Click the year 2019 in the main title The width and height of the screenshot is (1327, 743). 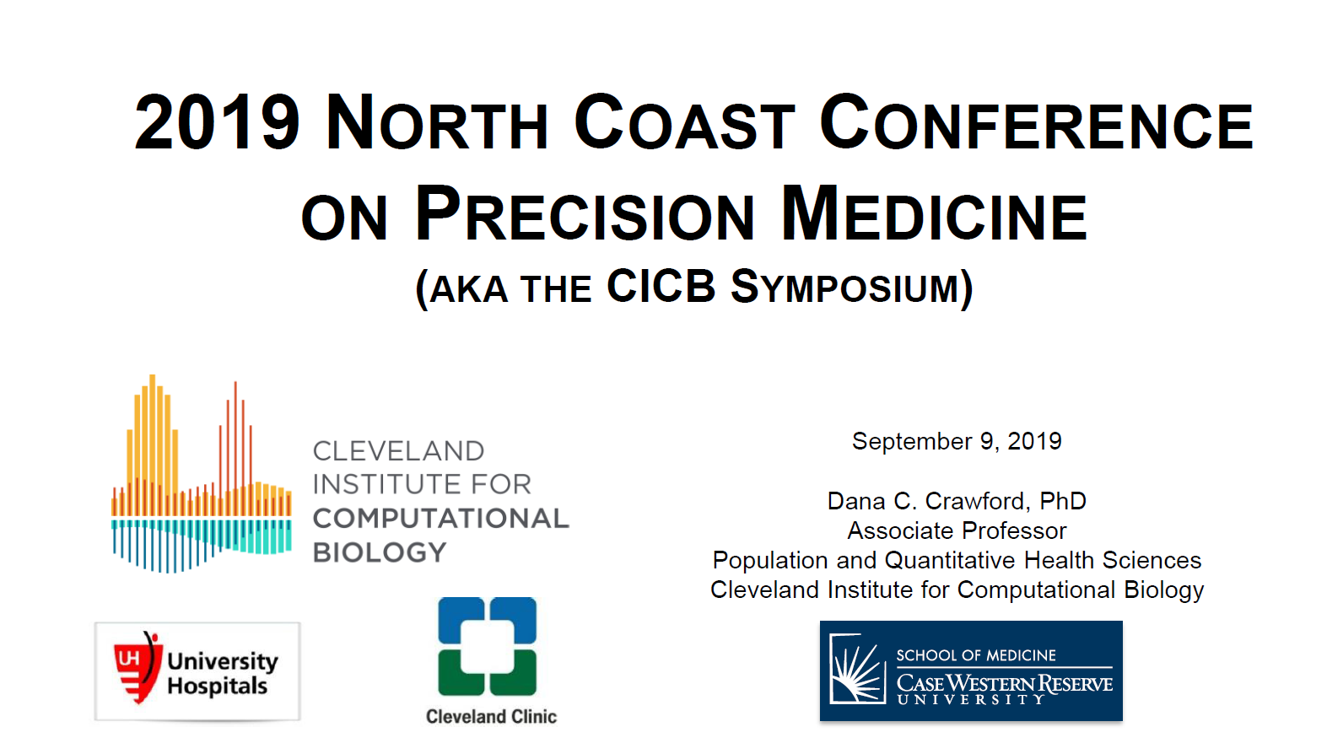217,122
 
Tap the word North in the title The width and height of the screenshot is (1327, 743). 437,122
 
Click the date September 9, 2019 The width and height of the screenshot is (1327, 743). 957,442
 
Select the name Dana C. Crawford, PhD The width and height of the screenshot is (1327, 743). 957,501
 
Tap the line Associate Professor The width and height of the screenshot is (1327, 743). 957,530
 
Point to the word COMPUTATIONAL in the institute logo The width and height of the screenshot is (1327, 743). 440,519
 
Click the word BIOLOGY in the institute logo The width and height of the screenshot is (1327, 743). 379,552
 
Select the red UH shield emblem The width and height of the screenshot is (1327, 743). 138,667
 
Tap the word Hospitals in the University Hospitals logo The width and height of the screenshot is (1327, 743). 217,686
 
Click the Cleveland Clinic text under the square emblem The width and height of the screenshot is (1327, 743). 491,716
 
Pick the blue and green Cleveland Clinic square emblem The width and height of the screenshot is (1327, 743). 487,646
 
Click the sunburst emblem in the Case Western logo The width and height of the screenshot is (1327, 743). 857,670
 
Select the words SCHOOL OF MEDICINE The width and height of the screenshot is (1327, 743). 976,655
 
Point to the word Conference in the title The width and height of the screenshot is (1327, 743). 1037,122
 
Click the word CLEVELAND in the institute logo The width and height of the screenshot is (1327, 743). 398,451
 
